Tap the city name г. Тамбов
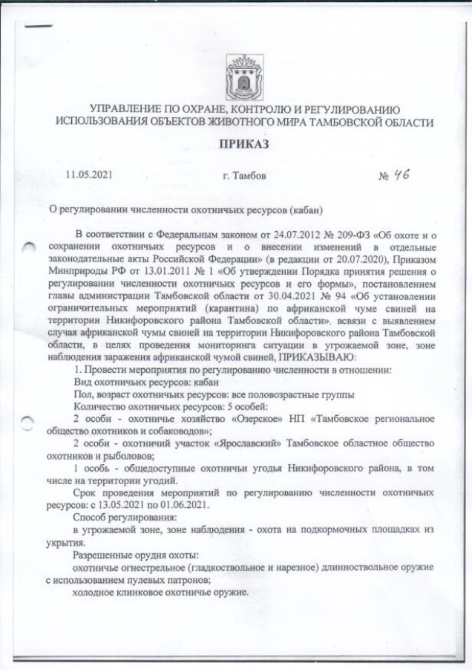click(x=245, y=177)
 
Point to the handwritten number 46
click(x=402, y=174)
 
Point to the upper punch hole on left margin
click(x=27, y=249)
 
